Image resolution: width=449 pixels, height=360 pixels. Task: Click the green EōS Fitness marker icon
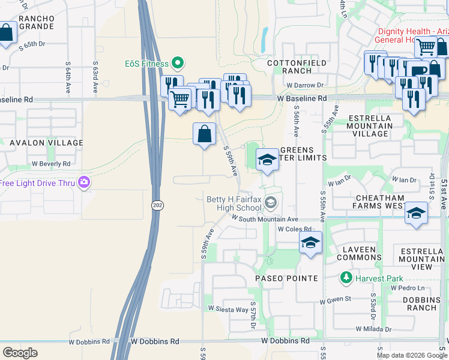[x=177, y=62]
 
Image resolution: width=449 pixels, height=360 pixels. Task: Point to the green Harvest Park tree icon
[x=346, y=278]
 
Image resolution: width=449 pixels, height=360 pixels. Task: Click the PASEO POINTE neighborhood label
[x=286, y=278]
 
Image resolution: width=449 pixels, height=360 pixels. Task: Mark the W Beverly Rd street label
[x=51, y=163]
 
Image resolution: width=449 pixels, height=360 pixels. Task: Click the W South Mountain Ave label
[x=264, y=220]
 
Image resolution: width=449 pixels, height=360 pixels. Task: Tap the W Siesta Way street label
[x=228, y=310]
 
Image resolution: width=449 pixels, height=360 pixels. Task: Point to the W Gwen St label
[x=335, y=301]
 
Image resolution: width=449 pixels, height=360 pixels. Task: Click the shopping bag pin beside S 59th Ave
[x=204, y=134]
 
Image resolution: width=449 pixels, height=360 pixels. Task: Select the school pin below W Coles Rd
[x=310, y=243]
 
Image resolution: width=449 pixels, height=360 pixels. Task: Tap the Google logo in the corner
[x=20, y=353]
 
